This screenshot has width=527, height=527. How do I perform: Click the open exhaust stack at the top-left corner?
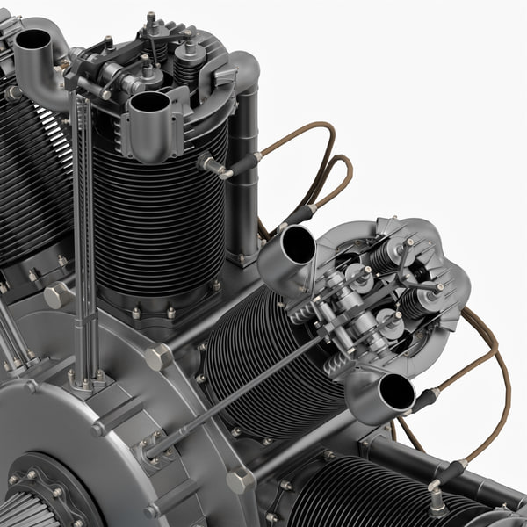(x=33, y=40)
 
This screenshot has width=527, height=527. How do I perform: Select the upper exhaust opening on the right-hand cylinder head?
(x=298, y=245)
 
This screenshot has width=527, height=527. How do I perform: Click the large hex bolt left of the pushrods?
(x=57, y=295)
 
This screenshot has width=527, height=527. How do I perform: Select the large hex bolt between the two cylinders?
(x=159, y=357)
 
